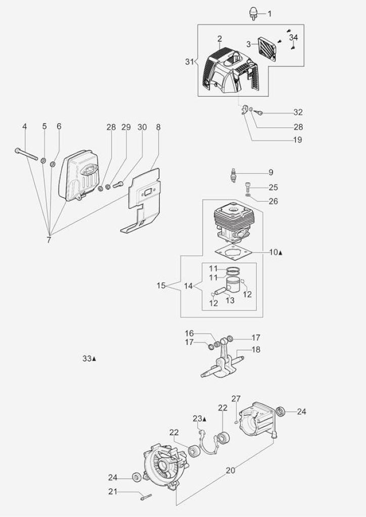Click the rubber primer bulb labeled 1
pos(253,14)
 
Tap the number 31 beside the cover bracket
pos(189,61)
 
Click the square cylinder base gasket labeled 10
pos(233,253)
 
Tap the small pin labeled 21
pos(146,496)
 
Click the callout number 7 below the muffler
pos(49,240)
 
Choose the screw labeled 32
pos(259,113)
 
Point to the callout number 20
pos(231,471)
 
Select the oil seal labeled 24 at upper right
pos(281,411)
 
